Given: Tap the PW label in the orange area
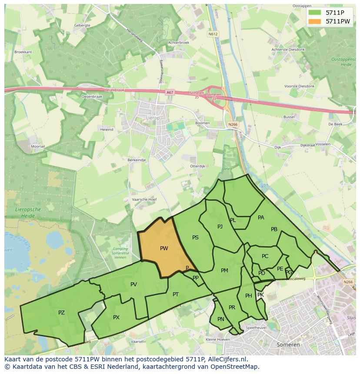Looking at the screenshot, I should coord(164,248).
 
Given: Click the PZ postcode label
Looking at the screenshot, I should coord(61,312).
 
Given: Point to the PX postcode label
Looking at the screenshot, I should coord(116,318).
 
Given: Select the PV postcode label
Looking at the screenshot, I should coord(133,285).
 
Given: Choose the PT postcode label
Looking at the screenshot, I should coord(176,294).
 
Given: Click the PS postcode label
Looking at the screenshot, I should coord(195,237).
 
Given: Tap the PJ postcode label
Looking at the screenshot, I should coord(220,226).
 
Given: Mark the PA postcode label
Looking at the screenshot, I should coord(261,217).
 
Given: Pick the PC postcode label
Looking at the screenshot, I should coord(265,256).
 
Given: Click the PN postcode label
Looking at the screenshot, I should coord(221,319).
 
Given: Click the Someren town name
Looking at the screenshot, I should coord(288,344).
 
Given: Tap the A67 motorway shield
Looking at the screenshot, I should coord(170,93).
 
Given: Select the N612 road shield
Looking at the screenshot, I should coord(213,33).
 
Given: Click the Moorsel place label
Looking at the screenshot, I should coord(38,146).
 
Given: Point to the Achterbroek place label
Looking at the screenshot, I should coord(179,43).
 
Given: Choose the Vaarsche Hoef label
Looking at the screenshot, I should coord(144,199).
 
